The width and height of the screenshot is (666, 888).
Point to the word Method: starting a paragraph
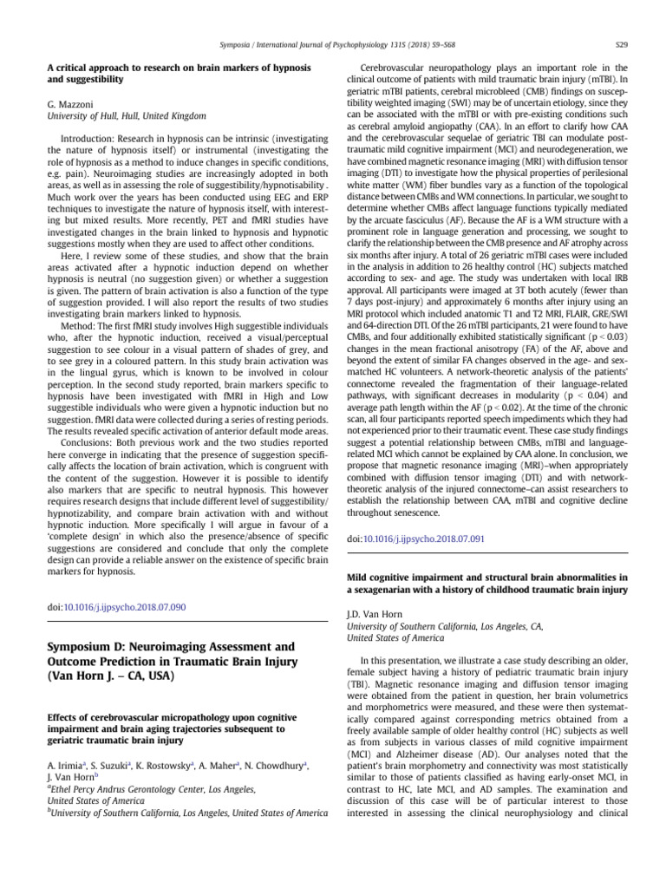point(77,320)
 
